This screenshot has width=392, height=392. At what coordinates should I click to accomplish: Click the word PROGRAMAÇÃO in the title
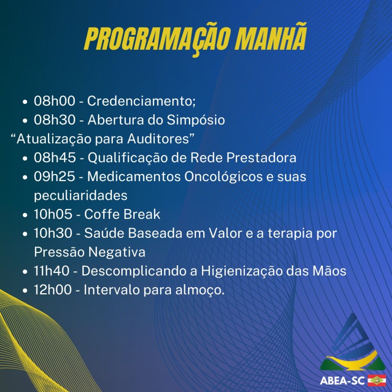coord(155,39)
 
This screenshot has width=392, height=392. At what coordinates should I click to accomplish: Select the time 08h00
coord(54,101)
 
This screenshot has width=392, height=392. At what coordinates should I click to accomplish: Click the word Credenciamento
coord(141,101)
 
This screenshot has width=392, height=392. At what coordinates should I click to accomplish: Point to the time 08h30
coord(55,120)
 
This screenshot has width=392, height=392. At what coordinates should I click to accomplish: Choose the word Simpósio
coord(196,120)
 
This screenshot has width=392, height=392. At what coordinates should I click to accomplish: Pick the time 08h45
coord(55,157)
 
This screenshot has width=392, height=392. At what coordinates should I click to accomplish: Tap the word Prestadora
coord(261,157)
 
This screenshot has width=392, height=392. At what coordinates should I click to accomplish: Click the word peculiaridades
coord(81,196)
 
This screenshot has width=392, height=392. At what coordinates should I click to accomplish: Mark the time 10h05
coord(53,214)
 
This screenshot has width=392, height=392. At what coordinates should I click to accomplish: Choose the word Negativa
coord(117,252)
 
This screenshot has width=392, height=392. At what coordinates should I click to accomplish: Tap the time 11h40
coord(52,271)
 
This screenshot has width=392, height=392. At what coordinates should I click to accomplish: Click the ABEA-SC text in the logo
coord(342,381)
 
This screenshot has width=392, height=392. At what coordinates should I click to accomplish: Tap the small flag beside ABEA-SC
coord(377,381)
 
